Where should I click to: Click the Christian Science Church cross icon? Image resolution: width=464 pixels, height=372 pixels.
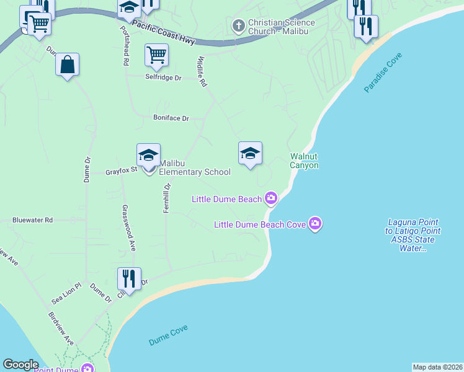[x=238, y=26]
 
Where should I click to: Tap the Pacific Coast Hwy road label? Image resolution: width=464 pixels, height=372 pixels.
[x=163, y=36]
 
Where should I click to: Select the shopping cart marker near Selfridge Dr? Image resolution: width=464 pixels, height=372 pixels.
[x=156, y=55]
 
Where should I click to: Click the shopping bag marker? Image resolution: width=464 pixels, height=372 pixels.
[x=67, y=64]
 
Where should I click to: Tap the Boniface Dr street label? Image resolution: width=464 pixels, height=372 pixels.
[x=171, y=118]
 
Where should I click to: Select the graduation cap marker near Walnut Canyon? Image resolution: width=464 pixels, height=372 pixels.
[x=250, y=154]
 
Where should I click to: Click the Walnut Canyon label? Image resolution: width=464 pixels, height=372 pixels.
[x=304, y=161]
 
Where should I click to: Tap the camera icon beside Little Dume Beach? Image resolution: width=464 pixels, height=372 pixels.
[x=270, y=198]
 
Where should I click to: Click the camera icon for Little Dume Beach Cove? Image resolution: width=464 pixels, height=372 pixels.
[x=315, y=223]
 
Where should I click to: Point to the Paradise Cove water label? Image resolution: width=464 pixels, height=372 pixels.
[x=383, y=73]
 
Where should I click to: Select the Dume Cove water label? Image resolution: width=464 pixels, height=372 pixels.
[x=168, y=335]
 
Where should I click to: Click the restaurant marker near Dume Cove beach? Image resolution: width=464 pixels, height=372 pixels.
[x=129, y=279]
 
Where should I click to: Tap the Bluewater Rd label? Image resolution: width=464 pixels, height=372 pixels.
[x=33, y=220]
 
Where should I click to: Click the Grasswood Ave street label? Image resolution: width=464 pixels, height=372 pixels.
[x=128, y=228]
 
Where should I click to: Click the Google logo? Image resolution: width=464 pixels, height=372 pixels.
[x=20, y=365]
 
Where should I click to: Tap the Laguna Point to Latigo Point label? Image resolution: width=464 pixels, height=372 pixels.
[x=413, y=235]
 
